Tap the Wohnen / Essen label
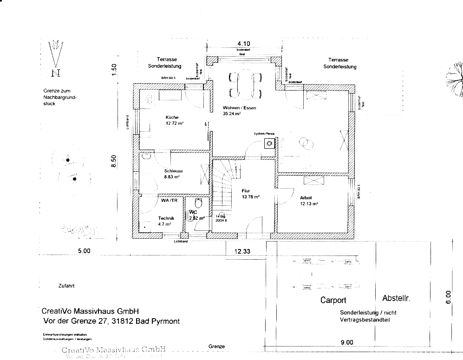click(x=239, y=108)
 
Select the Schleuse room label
click(x=173, y=171)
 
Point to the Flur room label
click(x=246, y=190)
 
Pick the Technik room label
click(x=166, y=218)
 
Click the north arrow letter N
click(x=56, y=72)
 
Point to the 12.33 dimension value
click(x=242, y=251)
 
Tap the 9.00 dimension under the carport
click(x=346, y=343)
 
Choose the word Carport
click(x=333, y=301)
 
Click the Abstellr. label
click(x=396, y=299)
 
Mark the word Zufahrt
click(x=66, y=286)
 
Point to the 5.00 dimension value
click(x=84, y=251)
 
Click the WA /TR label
click(x=170, y=201)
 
